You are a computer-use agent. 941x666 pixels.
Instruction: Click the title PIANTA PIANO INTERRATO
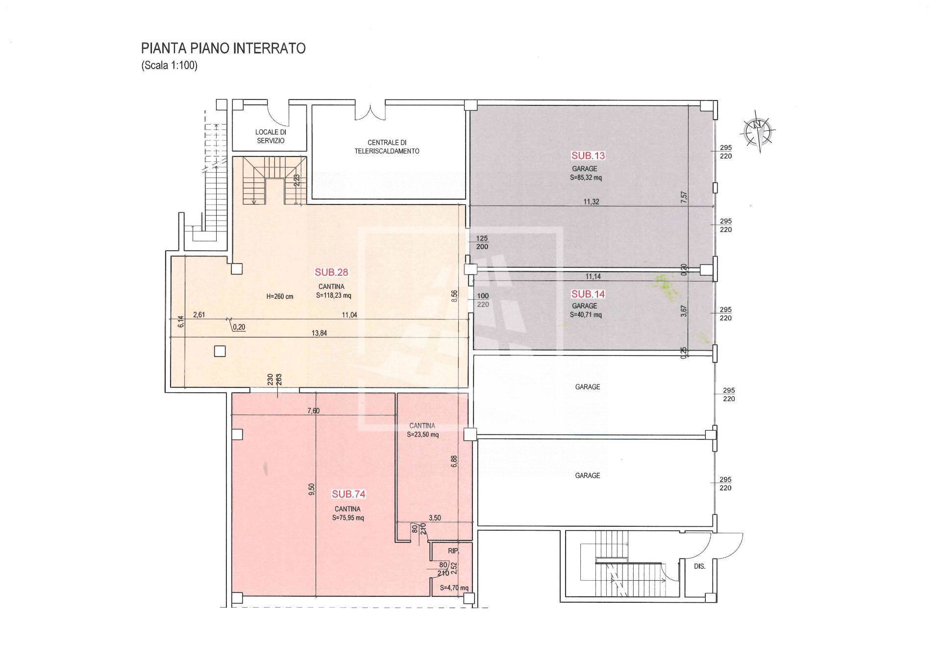point(223,48)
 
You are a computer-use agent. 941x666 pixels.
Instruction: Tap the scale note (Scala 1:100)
point(170,66)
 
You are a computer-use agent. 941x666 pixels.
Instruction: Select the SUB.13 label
point(588,156)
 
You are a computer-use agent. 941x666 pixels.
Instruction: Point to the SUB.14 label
point(588,294)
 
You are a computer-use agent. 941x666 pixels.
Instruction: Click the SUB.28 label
point(331,272)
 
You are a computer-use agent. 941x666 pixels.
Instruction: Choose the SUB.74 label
point(349,494)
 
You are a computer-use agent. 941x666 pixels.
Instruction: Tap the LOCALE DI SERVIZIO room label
point(271,136)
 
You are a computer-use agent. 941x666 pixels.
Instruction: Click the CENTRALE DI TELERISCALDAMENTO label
point(387,147)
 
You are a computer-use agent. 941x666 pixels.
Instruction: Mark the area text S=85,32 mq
point(586,178)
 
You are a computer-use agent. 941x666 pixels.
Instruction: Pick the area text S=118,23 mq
point(334,296)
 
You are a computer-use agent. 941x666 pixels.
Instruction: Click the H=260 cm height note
point(280,297)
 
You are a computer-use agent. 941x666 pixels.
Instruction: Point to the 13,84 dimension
point(319,333)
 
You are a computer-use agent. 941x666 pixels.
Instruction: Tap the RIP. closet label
point(453,551)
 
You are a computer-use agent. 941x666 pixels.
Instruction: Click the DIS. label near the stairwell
point(700,566)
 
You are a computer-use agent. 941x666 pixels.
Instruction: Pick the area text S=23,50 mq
point(423,435)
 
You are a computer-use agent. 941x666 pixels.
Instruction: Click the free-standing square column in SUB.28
point(220,351)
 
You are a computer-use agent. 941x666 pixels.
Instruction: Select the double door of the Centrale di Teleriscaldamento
point(371,110)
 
